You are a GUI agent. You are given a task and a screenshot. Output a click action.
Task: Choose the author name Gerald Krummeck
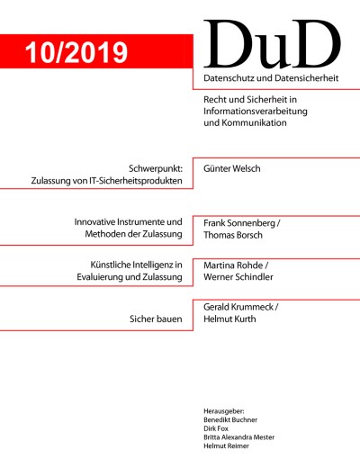[x=243, y=307]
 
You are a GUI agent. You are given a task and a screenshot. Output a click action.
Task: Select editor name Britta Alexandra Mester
[x=249, y=436]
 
